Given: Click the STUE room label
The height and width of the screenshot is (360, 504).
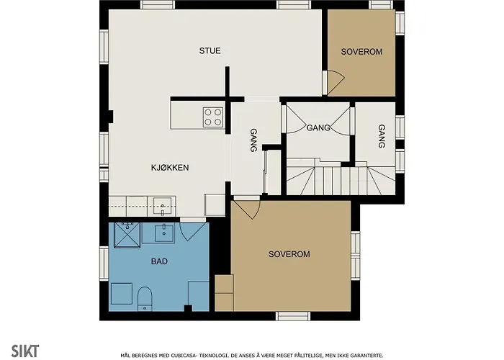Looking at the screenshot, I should coord(210,51).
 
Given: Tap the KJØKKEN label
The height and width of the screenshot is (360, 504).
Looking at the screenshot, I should coord(170,168).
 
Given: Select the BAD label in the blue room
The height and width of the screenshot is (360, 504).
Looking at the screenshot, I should coord(159,262).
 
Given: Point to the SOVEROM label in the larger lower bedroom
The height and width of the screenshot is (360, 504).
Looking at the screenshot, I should coord(289,255).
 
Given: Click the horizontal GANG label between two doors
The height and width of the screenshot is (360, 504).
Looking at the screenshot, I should coord(318,128).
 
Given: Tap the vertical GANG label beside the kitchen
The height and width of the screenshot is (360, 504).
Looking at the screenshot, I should coord(253,140).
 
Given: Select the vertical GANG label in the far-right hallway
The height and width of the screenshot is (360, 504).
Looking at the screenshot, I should coord(381,136).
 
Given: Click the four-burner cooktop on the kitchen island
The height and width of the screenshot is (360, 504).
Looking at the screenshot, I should coord(212,117).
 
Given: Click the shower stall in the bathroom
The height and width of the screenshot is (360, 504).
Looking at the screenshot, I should coord(127,234).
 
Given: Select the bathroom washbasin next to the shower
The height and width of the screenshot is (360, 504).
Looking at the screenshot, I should coord(165,232).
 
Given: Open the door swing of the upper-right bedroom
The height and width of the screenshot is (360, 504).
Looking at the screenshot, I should coord(334,82).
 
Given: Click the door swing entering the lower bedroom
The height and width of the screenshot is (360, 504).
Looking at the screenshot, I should coord(246,209).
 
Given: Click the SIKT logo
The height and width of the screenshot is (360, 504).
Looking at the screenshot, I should coord(20,351).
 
